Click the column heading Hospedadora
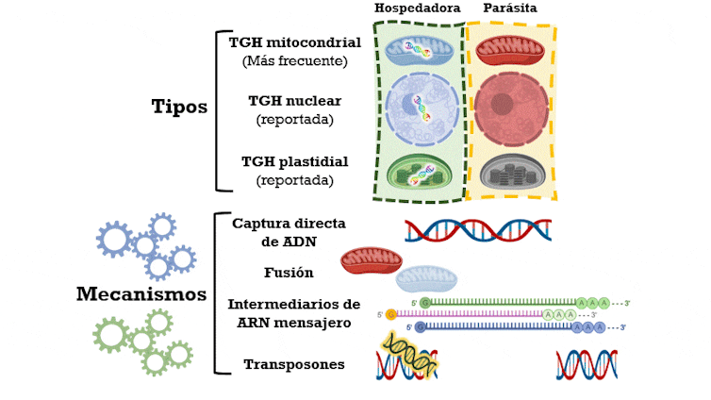click(417, 8)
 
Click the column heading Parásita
click(510, 8)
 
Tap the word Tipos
click(179, 106)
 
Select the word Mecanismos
click(141, 294)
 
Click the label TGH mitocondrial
click(295, 43)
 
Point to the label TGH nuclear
click(295, 100)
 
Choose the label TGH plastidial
click(295, 160)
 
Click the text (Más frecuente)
click(295, 61)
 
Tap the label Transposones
click(294, 364)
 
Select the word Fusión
click(289, 273)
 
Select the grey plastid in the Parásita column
click(510, 174)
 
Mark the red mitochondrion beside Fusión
click(371, 260)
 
